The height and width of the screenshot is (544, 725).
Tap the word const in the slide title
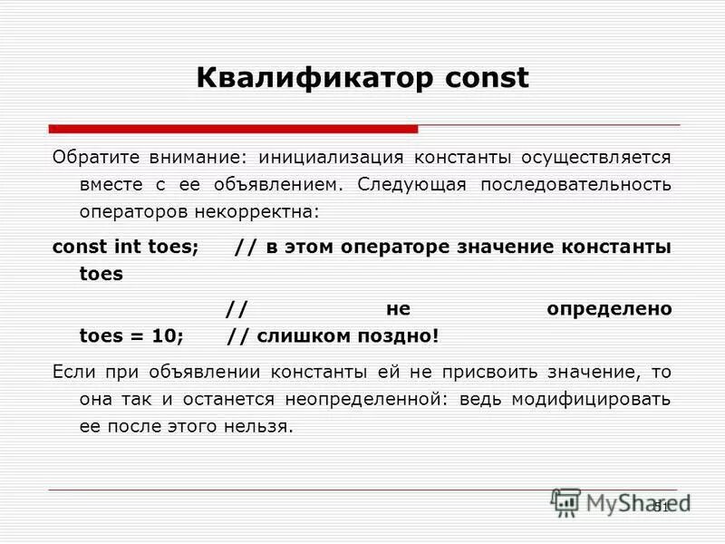(x=486, y=78)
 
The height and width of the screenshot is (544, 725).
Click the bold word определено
(x=609, y=309)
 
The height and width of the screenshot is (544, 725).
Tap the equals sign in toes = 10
(x=138, y=336)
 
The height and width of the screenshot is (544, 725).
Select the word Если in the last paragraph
(x=72, y=371)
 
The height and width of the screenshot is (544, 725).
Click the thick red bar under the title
(x=233, y=129)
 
